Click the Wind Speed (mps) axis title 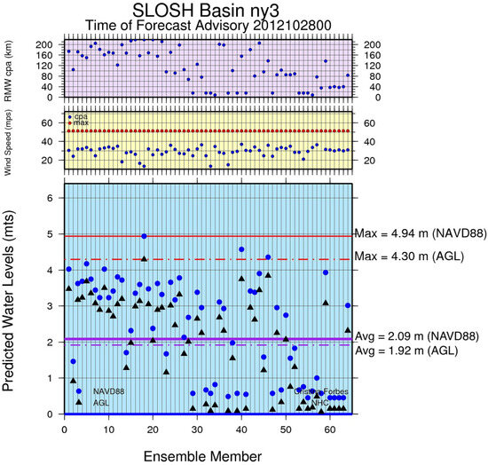click(19, 141)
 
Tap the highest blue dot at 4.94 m click(144, 236)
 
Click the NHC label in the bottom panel click(320, 402)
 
